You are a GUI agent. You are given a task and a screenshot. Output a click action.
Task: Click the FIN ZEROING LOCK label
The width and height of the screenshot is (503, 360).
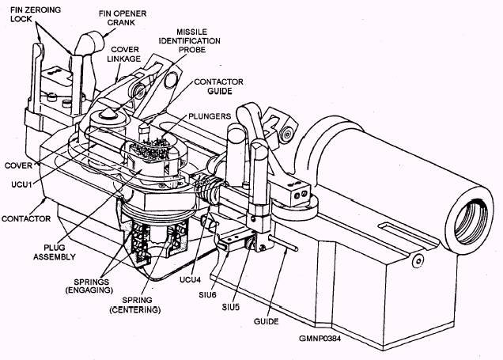[x=36, y=14]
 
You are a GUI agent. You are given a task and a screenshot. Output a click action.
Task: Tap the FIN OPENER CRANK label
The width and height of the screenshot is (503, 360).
[x=123, y=18]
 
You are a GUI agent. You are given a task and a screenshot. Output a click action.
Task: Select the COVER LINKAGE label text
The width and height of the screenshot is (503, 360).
[x=124, y=55]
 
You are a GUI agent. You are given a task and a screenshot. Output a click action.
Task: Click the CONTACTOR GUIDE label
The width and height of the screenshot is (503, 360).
[x=218, y=86]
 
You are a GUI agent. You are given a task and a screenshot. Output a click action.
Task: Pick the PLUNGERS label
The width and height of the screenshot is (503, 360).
[x=210, y=116]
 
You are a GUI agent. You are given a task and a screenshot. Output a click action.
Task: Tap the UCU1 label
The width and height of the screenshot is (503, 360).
[x=22, y=185]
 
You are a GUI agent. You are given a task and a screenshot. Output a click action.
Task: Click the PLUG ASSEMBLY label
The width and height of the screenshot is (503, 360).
[x=55, y=252]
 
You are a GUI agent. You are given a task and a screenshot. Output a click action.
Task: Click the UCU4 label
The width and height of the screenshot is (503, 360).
[x=190, y=279]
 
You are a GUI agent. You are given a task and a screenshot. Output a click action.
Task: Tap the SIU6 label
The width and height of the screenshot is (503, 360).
[x=207, y=294]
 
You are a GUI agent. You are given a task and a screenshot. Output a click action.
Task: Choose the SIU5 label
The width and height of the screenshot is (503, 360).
[x=231, y=307]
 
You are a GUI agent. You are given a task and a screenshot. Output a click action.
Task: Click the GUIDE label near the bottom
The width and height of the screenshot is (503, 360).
[x=266, y=321]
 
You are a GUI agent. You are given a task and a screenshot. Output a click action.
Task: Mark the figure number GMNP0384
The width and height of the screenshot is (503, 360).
[x=320, y=339]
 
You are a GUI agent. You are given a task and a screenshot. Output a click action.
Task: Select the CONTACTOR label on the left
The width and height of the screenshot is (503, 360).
[x=26, y=218]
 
